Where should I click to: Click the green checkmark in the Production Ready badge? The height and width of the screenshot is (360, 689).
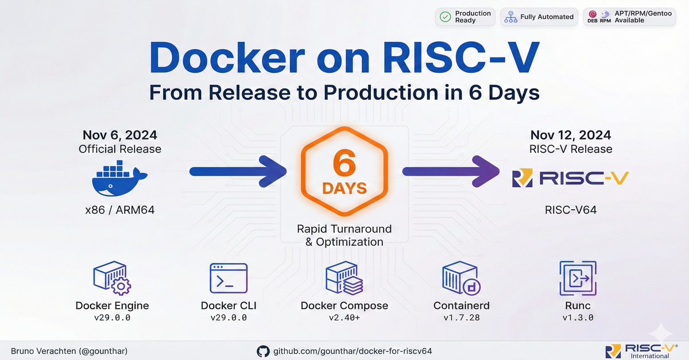point(445,17)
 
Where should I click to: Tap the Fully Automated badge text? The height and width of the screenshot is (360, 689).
point(547,17)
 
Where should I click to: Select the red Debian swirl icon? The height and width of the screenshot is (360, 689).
point(593,14)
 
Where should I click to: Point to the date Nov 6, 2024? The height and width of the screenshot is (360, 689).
point(119,135)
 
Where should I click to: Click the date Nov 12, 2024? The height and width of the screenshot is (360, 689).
point(571,135)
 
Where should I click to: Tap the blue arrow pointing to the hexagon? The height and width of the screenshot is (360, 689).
point(238,171)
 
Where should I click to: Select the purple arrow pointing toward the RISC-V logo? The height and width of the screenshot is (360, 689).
point(451,171)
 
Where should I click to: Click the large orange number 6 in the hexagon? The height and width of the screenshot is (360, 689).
point(344,164)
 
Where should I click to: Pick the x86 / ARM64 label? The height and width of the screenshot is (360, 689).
point(119,210)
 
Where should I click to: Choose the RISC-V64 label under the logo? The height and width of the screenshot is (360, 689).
point(571,210)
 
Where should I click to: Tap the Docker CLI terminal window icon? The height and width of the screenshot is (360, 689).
point(229,278)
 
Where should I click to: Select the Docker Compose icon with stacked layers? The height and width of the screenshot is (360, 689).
point(344,278)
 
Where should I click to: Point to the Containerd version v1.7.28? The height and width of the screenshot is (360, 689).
point(462,318)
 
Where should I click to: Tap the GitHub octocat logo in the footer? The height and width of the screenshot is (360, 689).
point(263,351)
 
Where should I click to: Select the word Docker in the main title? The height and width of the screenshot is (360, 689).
point(227,59)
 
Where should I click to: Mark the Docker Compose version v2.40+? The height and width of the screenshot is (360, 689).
point(344,318)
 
